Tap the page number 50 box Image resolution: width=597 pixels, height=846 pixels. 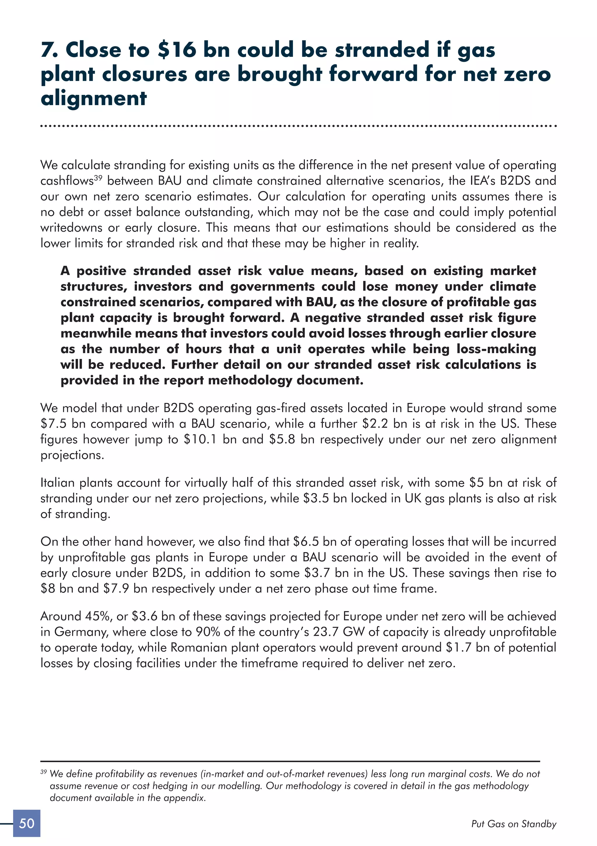pyautogui.click(x=27, y=823)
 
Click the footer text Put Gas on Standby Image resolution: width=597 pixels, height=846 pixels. pyautogui.click(x=514, y=824)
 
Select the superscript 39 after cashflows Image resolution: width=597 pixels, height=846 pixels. pyautogui.click(x=98, y=178)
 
